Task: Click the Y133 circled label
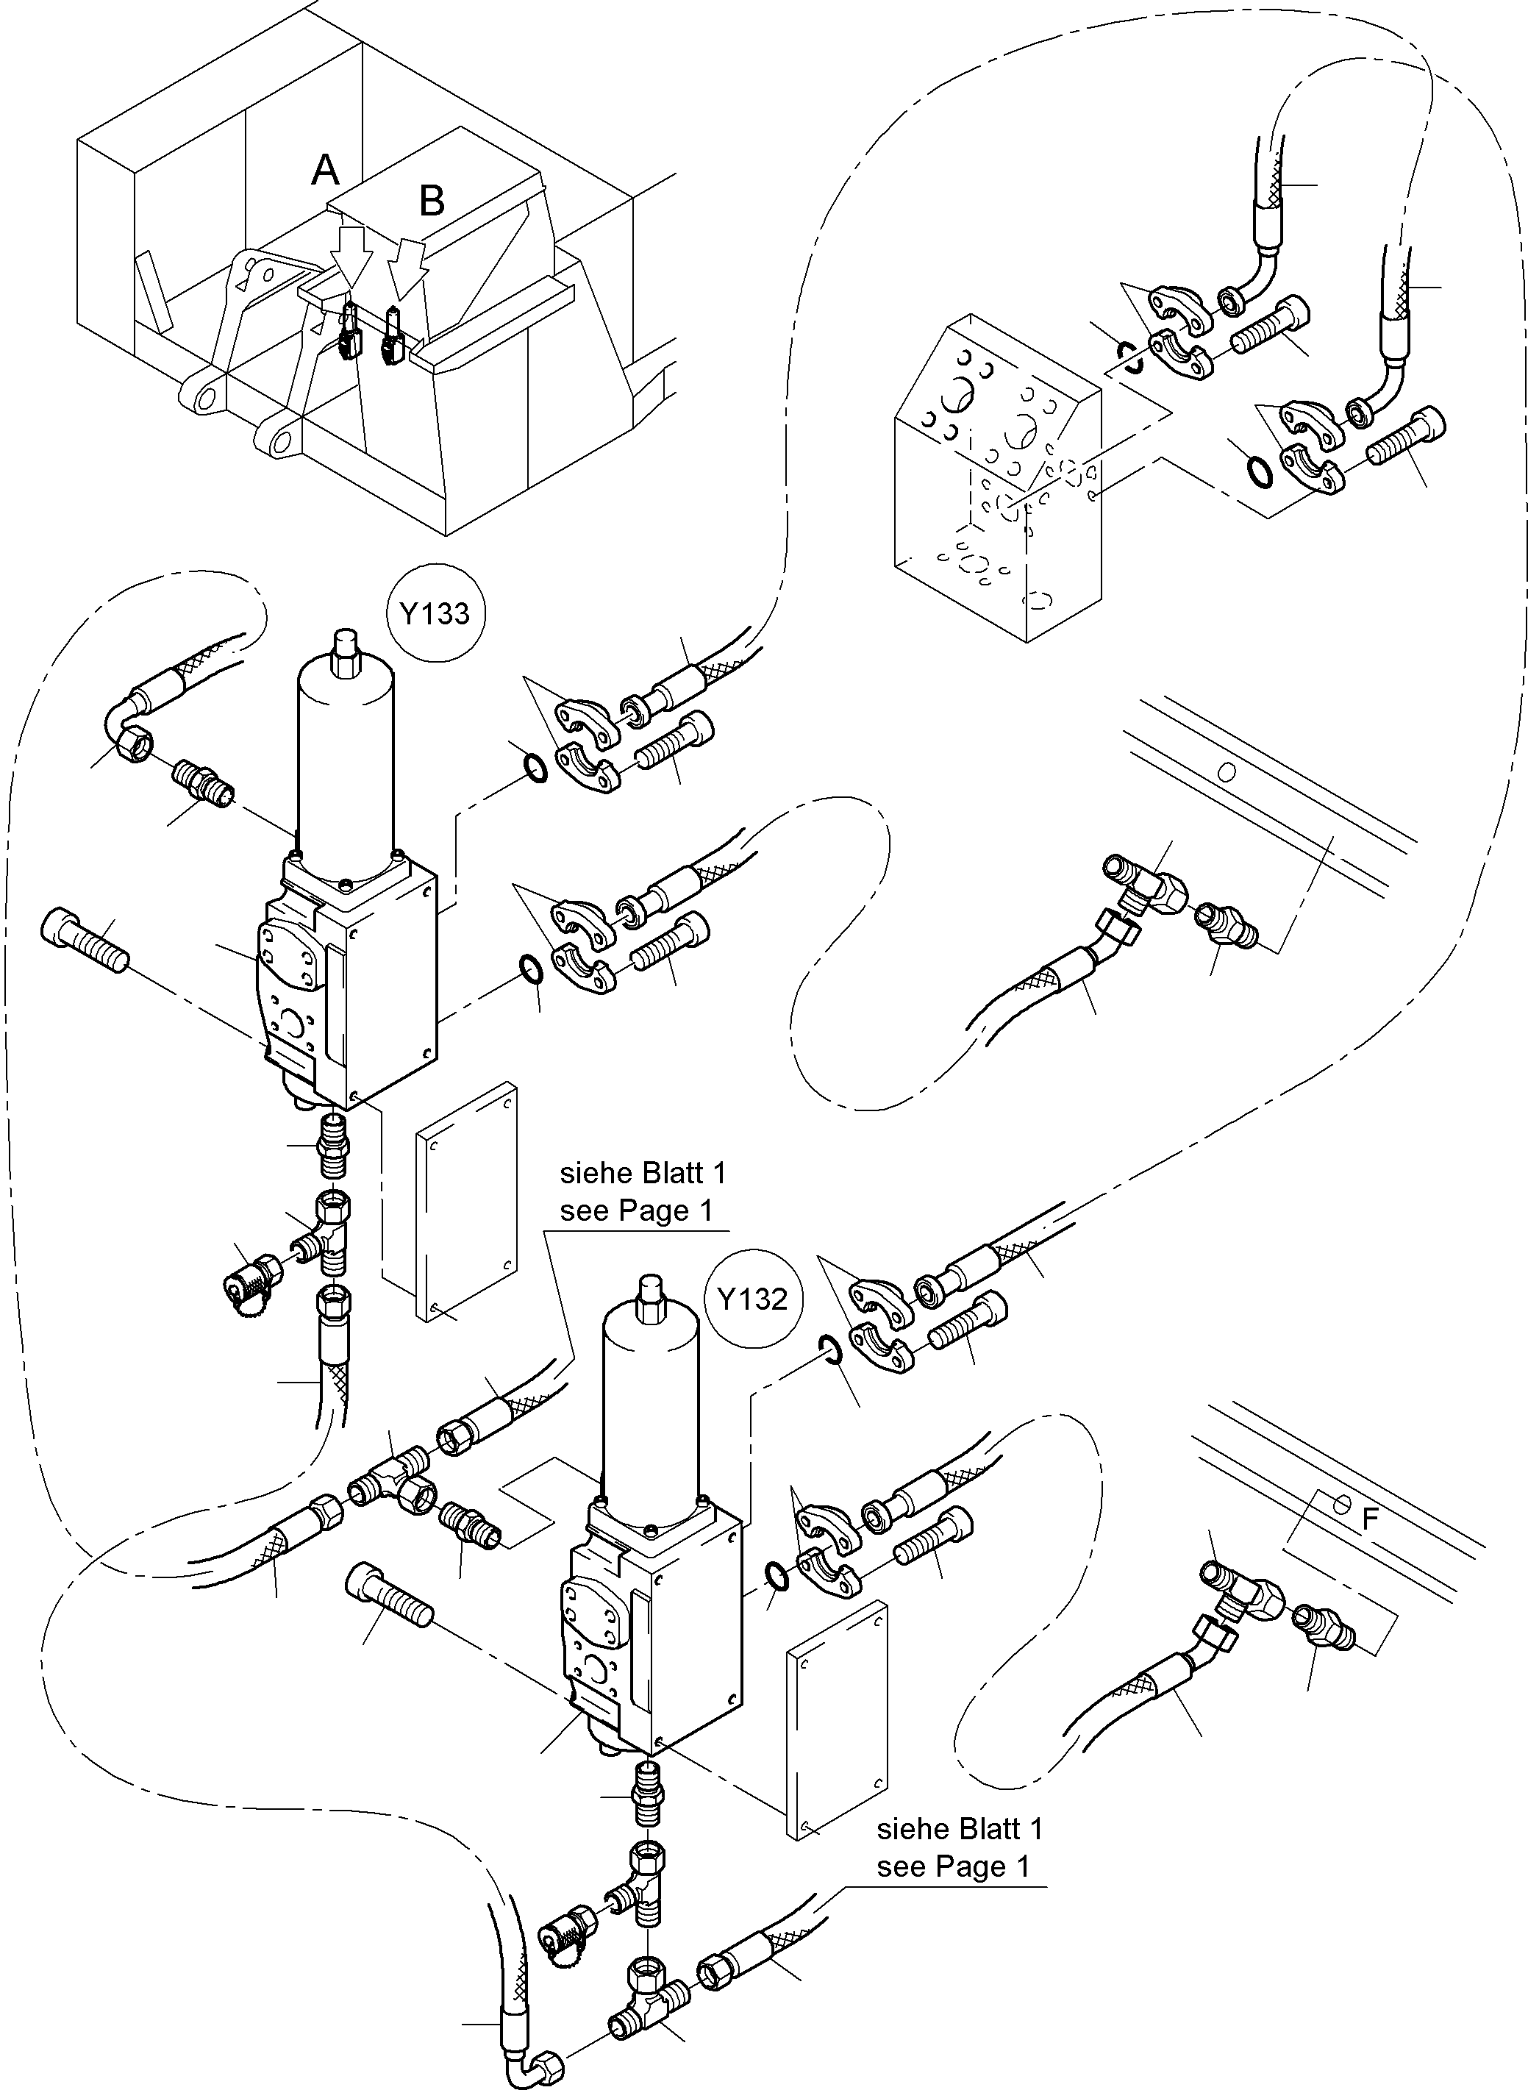tap(435, 613)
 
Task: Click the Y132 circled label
tap(752, 1299)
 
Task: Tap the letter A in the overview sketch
tap(325, 170)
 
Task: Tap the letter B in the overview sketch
tap(432, 201)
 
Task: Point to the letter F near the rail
tap(1371, 1519)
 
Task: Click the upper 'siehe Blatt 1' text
tap(643, 1174)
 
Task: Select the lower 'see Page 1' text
tap(953, 1867)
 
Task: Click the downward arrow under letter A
tap(352, 254)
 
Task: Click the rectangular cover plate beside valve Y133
tap(466, 1202)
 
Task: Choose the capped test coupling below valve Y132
tap(567, 1927)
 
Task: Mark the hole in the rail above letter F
tap(1342, 1505)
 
